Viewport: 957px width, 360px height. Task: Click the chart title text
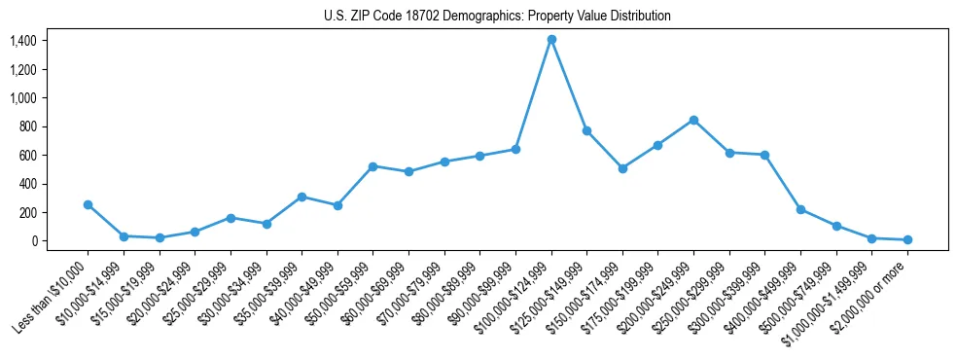[x=497, y=17]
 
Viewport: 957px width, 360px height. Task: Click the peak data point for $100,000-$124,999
[x=551, y=39]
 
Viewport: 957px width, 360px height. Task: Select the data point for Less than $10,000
[x=88, y=204]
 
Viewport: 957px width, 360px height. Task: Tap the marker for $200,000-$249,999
[x=693, y=120]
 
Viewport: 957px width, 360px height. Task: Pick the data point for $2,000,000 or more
[x=907, y=239]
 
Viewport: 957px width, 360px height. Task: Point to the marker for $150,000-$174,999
[x=622, y=168]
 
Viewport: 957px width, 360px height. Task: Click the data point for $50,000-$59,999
[x=372, y=166]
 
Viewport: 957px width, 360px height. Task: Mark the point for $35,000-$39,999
[x=301, y=197]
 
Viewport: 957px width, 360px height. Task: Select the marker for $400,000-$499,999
[x=800, y=209]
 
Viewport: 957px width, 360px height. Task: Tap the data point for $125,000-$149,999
[x=586, y=130]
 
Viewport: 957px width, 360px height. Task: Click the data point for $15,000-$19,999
[x=159, y=237]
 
